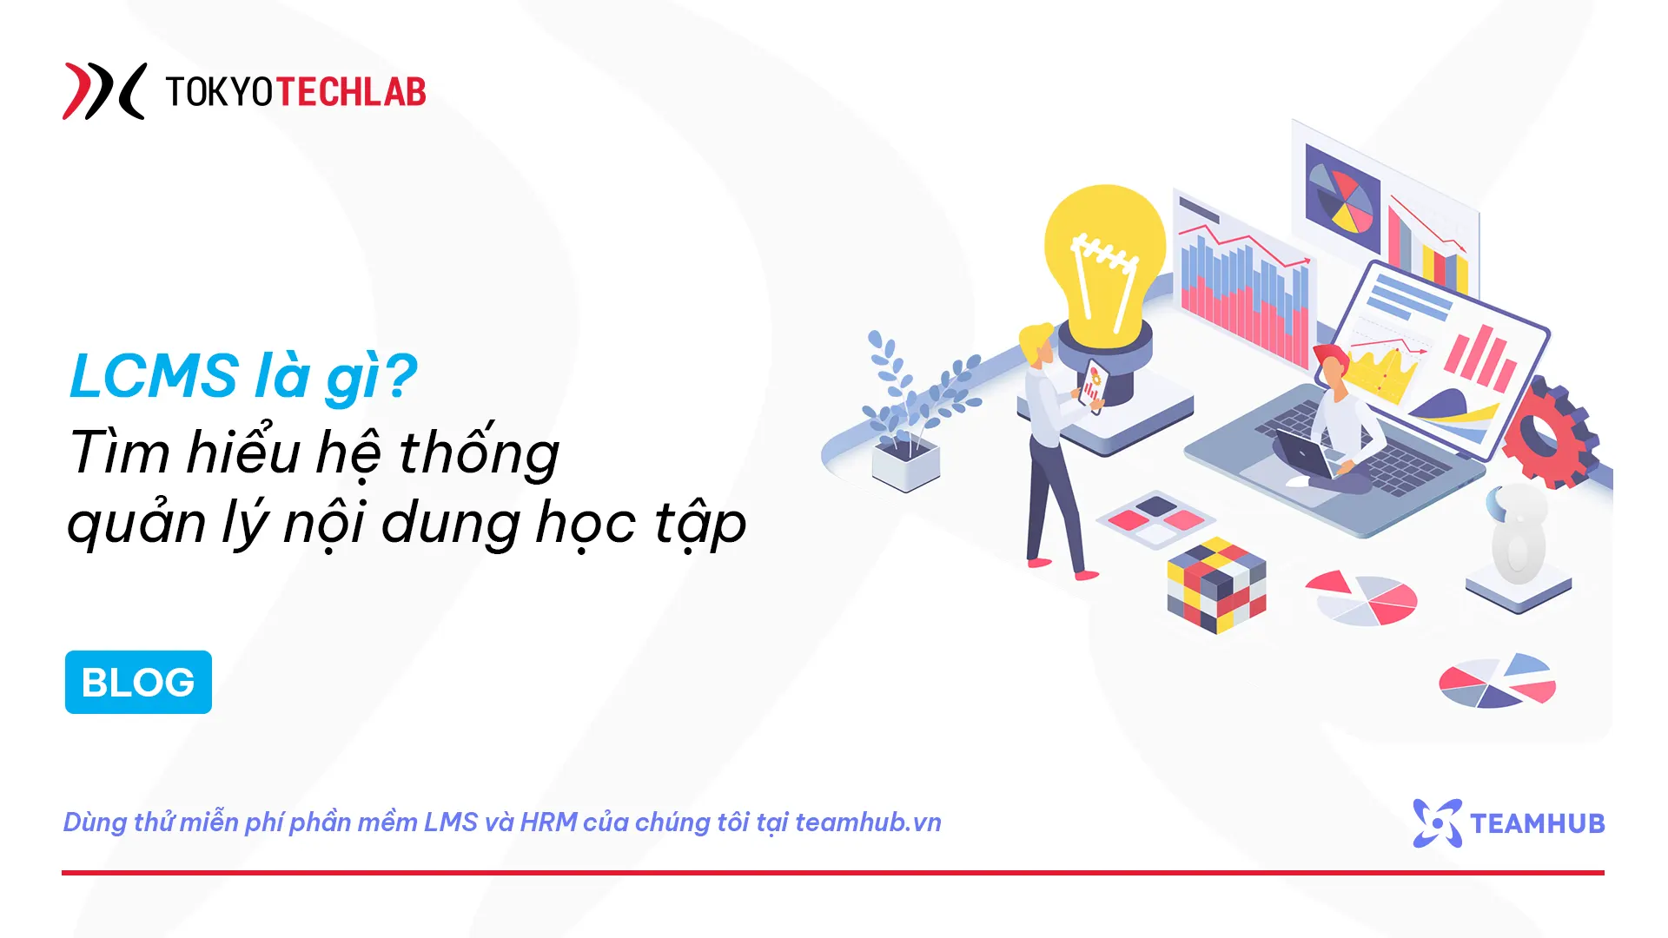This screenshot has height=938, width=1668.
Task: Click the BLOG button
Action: pyautogui.click(x=138, y=682)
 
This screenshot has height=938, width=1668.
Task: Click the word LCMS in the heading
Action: pyautogui.click(x=154, y=376)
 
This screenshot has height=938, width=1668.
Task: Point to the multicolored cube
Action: pyautogui.click(x=1216, y=585)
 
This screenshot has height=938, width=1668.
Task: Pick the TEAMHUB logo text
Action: pyautogui.click(x=1537, y=822)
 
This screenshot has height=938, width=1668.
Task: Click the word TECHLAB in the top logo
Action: pyautogui.click(x=350, y=91)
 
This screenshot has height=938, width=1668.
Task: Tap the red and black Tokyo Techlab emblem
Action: pyautogui.click(x=103, y=90)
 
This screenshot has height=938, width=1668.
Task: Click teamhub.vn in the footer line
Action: pyautogui.click(x=868, y=822)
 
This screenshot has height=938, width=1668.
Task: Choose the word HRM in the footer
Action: pyautogui.click(x=548, y=822)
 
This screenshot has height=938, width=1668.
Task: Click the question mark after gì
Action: pyautogui.click(x=400, y=376)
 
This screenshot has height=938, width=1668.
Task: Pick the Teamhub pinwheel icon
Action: pyautogui.click(x=1437, y=822)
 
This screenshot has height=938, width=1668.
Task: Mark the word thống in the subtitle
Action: pyautogui.click(x=479, y=452)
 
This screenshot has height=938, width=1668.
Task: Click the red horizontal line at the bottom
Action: pyautogui.click(x=832, y=872)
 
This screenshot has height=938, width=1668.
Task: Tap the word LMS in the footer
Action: pyautogui.click(x=450, y=822)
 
